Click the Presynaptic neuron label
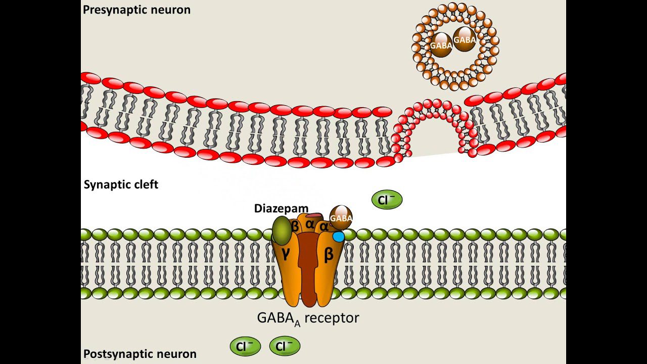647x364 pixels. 136,10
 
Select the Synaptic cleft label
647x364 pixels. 121,185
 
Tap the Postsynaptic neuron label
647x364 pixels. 140,354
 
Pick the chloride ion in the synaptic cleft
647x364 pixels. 387,200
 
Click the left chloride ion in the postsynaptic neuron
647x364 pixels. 245,347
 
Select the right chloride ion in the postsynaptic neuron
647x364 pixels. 285,347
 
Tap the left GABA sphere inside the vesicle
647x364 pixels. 441,44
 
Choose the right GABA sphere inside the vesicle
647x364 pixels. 465,40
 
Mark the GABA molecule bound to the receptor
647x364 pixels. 341,218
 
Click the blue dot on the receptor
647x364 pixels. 338,236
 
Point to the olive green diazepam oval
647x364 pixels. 282,231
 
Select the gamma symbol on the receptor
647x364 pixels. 286,254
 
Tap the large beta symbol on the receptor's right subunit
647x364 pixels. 329,255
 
